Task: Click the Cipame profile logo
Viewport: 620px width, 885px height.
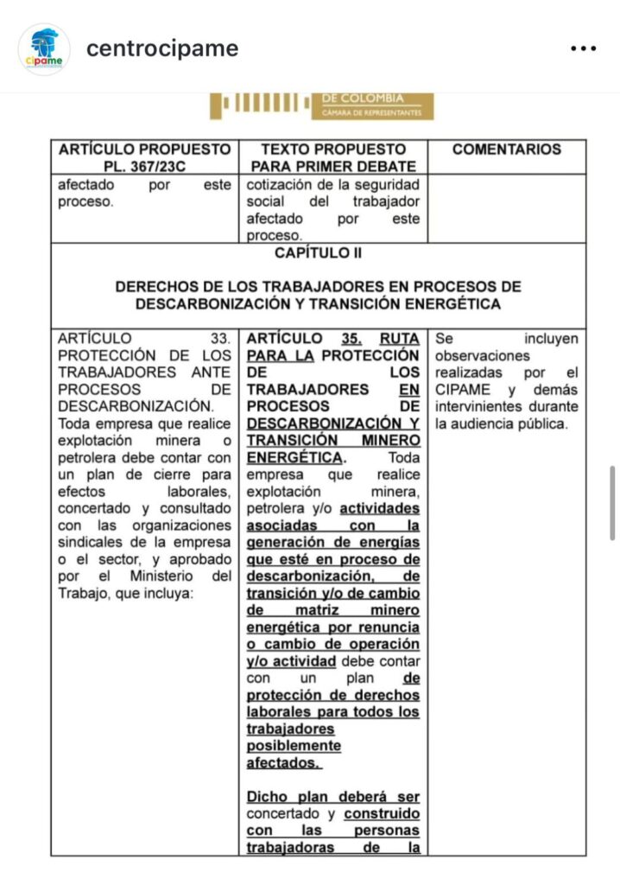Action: tap(43, 48)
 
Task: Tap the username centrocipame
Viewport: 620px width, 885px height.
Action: tap(161, 48)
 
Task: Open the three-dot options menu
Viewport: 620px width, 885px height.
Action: tap(584, 48)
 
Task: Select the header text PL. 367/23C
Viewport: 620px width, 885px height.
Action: tap(144, 166)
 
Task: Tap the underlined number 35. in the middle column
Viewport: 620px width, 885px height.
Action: tap(351, 338)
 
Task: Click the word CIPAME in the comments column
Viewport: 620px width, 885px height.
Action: tap(460, 390)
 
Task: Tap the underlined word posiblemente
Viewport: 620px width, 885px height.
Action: tap(294, 745)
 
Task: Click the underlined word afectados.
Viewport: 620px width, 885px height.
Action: tap(284, 762)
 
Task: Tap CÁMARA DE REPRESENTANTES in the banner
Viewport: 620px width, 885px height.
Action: tap(371, 113)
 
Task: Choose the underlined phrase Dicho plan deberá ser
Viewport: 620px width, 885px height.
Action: tap(333, 796)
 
